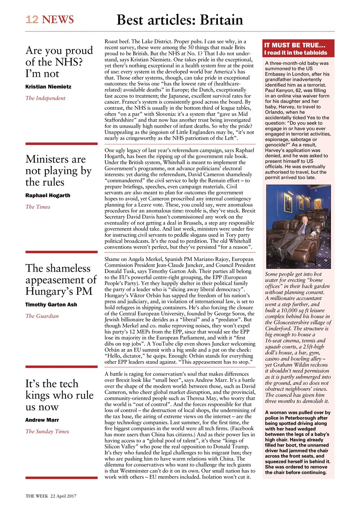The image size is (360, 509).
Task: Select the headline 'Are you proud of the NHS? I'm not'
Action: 59,62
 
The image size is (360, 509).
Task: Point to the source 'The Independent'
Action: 45,98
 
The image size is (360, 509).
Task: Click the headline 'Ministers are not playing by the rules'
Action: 58,171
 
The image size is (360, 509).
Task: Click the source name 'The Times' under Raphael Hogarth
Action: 38,207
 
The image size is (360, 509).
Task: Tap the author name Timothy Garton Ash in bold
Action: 51,305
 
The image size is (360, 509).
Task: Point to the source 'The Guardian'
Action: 42,316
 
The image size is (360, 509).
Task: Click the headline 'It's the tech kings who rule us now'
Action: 59,395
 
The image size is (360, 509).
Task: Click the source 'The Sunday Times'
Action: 47,431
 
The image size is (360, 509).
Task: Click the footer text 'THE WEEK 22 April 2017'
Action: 51,496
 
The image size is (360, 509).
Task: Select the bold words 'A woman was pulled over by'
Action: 298,413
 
